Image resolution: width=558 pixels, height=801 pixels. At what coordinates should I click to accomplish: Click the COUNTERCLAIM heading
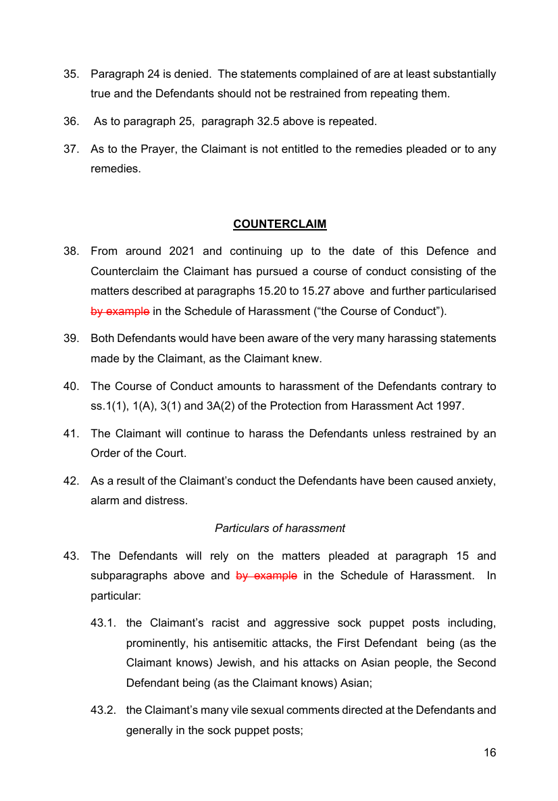(280, 224)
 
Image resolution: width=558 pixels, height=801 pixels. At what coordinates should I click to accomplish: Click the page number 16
(489, 752)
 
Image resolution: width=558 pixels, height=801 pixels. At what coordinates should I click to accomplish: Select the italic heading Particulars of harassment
(280, 528)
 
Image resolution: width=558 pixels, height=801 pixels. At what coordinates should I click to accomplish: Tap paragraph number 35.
(72, 74)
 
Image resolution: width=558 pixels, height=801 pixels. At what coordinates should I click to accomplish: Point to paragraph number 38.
(72, 251)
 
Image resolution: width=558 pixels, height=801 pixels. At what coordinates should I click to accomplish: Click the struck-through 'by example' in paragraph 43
(266, 576)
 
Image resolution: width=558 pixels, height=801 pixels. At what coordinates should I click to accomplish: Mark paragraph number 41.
(72, 433)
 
